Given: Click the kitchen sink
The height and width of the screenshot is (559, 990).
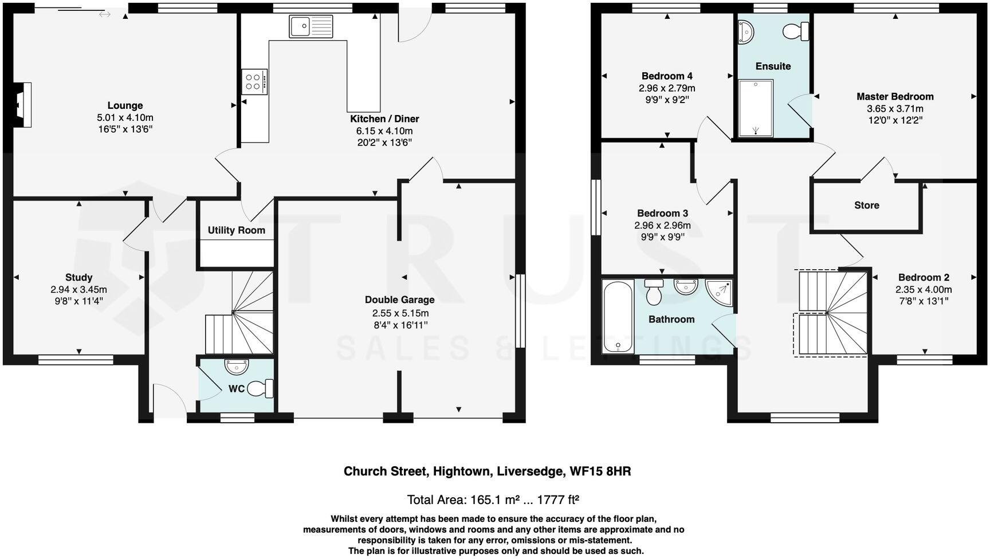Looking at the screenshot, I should (x=311, y=26).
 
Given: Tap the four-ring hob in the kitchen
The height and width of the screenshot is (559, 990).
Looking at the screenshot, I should (x=253, y=81).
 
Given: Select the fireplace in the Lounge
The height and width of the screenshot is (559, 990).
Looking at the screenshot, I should (x=23, y=104).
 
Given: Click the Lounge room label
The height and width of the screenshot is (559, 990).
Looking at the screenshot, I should (x=125, y=105).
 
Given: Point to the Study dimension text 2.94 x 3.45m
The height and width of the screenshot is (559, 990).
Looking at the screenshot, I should (x=78, y=290).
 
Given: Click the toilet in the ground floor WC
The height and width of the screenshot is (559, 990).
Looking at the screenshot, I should (x=264, y=388).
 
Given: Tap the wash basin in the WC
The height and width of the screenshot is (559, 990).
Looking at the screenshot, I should (x=236, y=365).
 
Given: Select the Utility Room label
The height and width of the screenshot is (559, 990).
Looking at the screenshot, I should (x=236, y=230).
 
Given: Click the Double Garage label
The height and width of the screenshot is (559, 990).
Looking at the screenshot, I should (x=399, y=300).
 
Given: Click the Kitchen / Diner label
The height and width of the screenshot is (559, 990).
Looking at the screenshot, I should (x=384, y=119).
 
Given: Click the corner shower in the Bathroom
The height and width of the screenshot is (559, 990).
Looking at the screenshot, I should (x=720, y=291).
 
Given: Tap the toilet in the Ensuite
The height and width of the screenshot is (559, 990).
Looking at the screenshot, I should (x=796, y=31).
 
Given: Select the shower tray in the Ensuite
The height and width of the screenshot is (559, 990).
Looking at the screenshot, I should (x=756, y=108).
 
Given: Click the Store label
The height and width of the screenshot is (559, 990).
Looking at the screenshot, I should (x=866, y=205).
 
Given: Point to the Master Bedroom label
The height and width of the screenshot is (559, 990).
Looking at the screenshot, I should (x=895, y=97).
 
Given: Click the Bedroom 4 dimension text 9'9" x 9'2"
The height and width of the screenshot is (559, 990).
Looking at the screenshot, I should (x=667, y=100).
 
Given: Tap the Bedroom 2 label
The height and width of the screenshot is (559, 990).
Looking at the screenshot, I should (x=924, y=277).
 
